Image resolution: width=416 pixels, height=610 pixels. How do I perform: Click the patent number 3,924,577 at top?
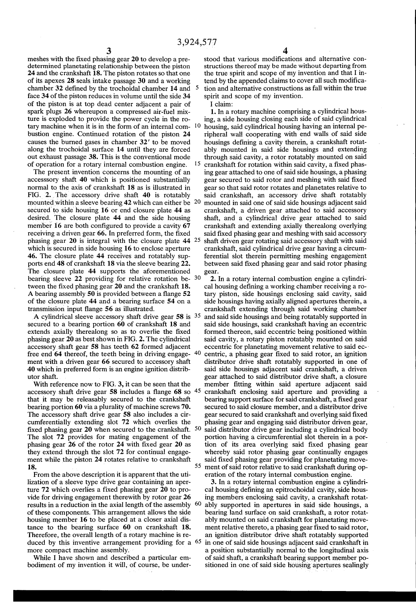point(197,42)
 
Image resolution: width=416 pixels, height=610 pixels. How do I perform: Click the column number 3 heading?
point(109,51)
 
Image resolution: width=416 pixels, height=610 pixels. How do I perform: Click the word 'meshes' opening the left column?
point(38,59)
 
